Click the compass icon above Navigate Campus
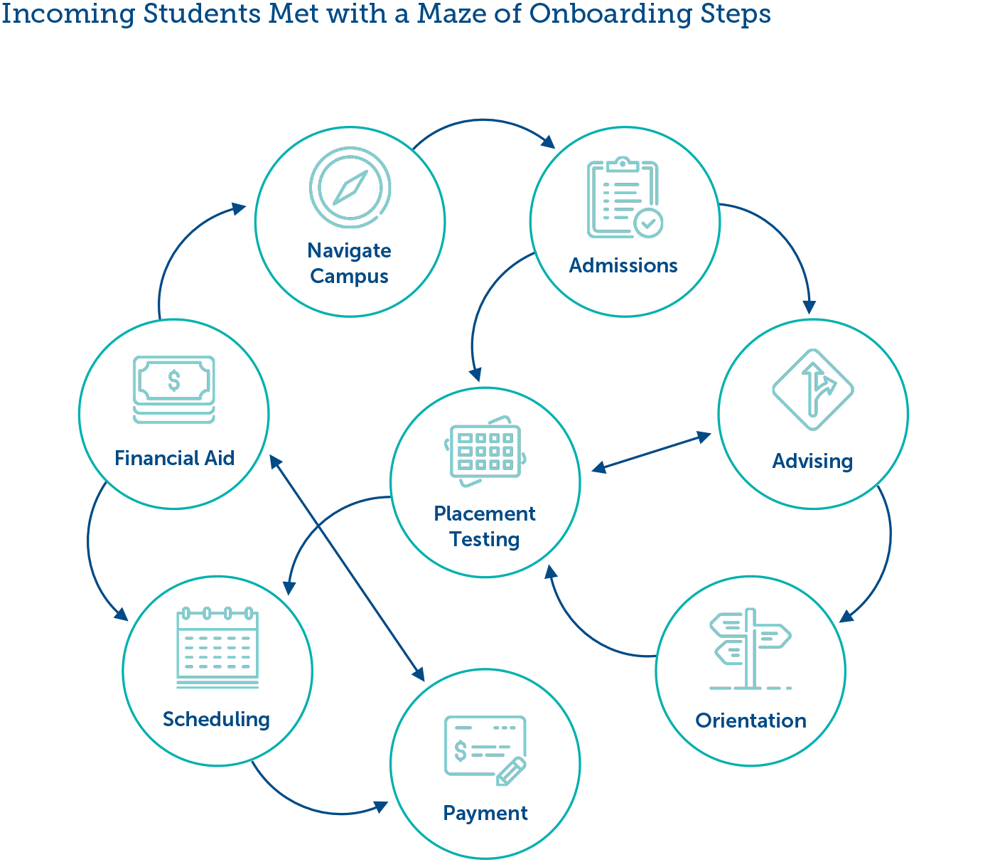click(350, 188)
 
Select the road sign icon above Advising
click(813, 389)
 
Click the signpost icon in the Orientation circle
click(750, 649)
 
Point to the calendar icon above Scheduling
click(217, 647)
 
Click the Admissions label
click(623, 266)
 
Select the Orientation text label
click(751, 720)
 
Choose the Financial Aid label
click(174, 458)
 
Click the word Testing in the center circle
click(485, 539)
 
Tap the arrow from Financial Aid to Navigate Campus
click(178, 249)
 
